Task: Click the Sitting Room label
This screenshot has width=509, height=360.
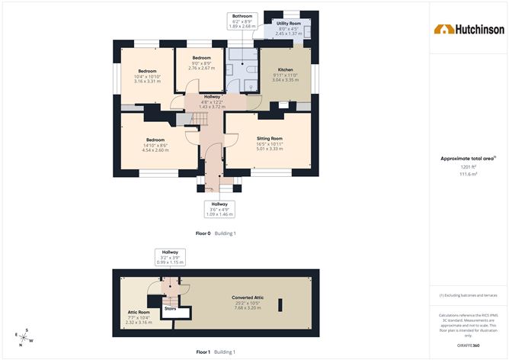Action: [x=270, y=138]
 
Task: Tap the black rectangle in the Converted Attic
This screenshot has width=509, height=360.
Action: [x=280, y=305]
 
